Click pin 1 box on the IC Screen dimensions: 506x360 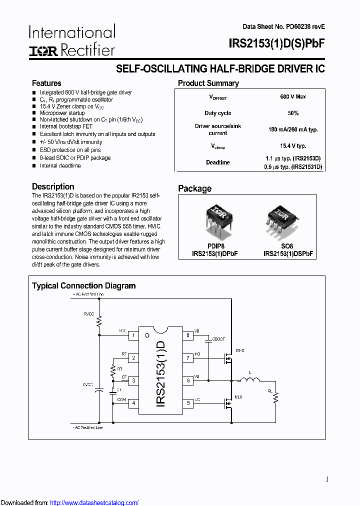133,335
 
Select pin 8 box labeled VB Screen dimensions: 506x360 188,335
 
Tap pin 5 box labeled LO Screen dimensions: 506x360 188,403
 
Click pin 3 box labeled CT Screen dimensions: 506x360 133,380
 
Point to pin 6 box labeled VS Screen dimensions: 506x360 188,380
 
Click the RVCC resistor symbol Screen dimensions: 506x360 99,320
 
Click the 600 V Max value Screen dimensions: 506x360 293,96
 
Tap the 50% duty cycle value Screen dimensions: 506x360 293,113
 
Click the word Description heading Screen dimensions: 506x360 53,186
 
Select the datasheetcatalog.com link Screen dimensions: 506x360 94,502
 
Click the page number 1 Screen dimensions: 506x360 327,479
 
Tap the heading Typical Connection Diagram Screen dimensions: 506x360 83,286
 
